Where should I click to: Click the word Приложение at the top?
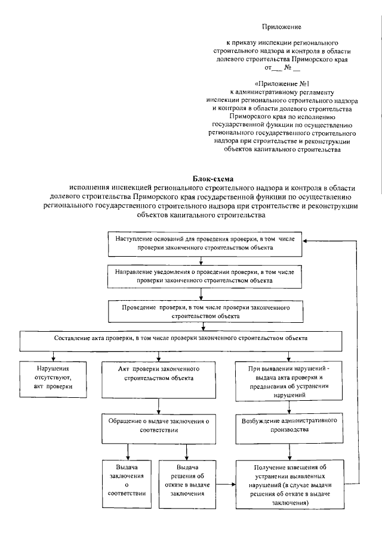[x=282, y=27]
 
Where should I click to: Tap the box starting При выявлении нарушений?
[x=289, y=382]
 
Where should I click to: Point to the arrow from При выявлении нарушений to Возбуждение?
[x=289, y=408]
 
